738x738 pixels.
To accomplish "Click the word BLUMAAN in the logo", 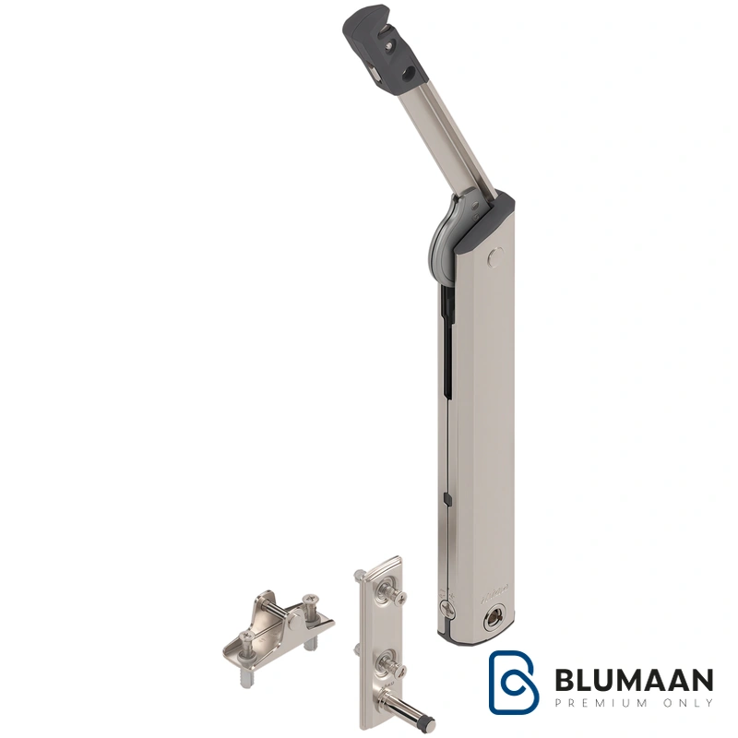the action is coord(634,680).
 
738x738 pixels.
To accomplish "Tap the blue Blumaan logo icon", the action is coord(514,683).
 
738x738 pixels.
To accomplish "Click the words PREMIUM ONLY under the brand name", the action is coord(634,703).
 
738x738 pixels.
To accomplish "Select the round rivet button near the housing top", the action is coord(494,256).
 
